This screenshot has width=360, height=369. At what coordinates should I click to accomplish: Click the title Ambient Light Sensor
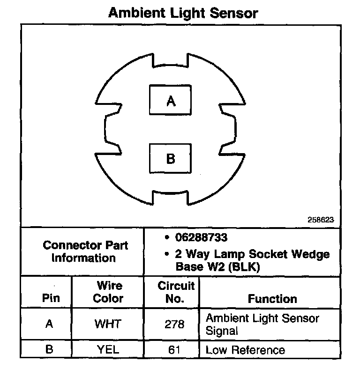(x=183, y=13)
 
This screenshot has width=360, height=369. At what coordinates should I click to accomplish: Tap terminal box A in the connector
(x=171, y=100)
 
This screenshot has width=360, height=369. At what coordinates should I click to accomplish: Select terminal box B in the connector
(x=171, y=158)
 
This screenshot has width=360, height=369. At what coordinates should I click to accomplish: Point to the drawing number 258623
(x=321, y=219)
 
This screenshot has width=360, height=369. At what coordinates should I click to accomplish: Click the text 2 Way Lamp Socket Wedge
(x=252, y=254)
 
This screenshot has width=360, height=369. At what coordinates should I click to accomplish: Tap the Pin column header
(x=51, y=298)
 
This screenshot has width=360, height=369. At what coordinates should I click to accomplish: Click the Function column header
(x=272, y=299)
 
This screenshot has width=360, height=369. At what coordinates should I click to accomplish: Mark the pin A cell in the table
(x=49, y=324)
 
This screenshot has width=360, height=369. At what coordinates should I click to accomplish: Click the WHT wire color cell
(x=108, y=324)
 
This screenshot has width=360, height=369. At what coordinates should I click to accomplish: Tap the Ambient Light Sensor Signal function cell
(x=262, y=325)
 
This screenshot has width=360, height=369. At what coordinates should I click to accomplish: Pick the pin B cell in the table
(x=49, y=349)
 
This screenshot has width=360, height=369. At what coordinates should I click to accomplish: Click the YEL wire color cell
(x=108, y=349)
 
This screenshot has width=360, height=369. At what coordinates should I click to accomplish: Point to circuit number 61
(x=174, y=349)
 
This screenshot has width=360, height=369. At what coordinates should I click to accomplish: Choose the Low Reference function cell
(x=245, y=350)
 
